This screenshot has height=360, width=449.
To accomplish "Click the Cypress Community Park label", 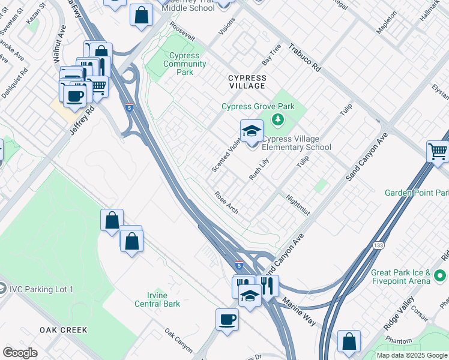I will [x=185, y=64].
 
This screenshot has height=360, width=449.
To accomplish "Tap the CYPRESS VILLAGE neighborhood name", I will [x=247, y=82].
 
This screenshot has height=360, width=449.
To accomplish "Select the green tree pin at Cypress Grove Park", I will [x=277, y=119].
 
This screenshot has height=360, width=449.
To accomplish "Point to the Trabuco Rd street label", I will [x=304, y=58].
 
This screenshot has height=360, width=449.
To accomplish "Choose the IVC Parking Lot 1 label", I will [x=41, y=289].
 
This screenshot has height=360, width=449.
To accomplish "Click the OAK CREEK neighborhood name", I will [x=64, y=330].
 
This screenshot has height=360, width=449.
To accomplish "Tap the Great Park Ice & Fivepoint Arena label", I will [x=401, y=277].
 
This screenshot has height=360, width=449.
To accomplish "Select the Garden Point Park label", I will [x=417, y=193].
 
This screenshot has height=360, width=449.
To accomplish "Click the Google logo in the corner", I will [x=20, y=353].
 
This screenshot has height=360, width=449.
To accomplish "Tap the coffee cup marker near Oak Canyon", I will [x=227, y=319].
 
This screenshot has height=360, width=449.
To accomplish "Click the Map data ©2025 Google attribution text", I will [x=411, y=355].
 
